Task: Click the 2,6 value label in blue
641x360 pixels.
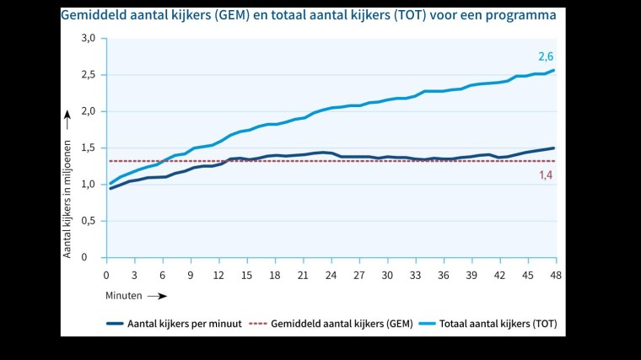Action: click(x=546, y=56)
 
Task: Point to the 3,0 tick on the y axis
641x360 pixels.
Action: click(x=88, y=38)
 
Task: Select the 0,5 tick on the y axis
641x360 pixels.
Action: click(x=88, y=221)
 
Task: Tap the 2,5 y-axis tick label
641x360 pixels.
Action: click(x=88, y=74)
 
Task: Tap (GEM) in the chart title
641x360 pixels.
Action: click(x=245, y=15)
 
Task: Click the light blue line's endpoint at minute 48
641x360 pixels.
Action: click(x=554, y=70)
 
